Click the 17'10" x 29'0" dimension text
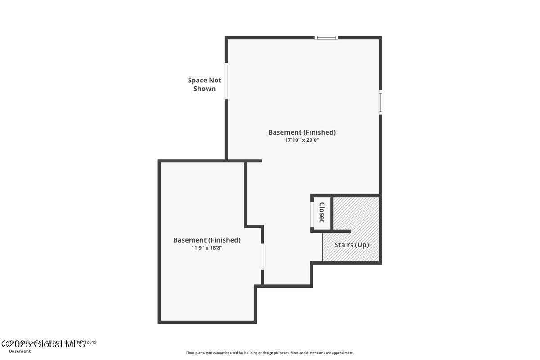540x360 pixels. pyautogui.click(x=302, y=140)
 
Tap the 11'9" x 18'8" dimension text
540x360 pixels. pyautogui.click(x=207, y=247)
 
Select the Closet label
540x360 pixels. pyautogui.click(x=322, y=212)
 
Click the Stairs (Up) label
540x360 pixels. pyautogui.click(x=351, y=245)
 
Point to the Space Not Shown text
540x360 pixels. pyautogui.click(x=204, y=84)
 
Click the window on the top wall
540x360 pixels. pyautogui.click(x=326, y=37)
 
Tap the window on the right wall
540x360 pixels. pyautogui.click(x=380, y=102)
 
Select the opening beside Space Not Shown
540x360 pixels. pyautogui.click(x=226, y=81)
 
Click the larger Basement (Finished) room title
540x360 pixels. pyautogui.click(x=302, y=132)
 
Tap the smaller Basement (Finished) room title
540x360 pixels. pyautogui.click(x=207, y=240)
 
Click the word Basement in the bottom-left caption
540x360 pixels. pyautogui.click(x=20, y=351)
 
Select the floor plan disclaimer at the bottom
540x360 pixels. pyautogui.click(x=270, y=353)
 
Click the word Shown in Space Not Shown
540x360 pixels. pyautogui.click(x=204, y=89)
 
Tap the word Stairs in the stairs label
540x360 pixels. pyautogui.click(x=343, y=245)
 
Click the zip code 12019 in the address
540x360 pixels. pyautogui.click(x=90, y=342)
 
